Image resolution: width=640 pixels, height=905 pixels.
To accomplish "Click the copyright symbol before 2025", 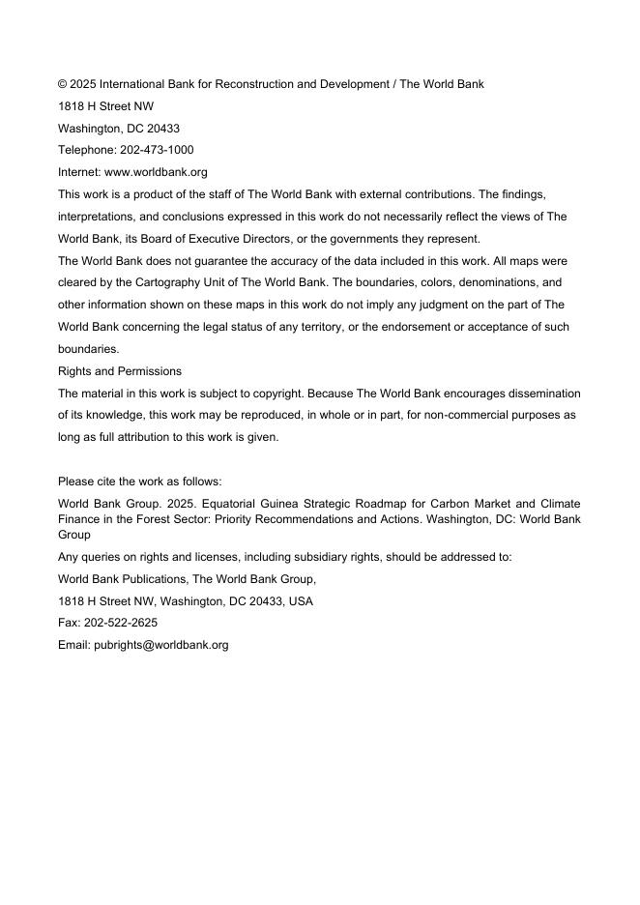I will click(x=63, y=84).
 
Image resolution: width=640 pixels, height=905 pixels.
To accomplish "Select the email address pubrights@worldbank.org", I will click(x=160, y=645).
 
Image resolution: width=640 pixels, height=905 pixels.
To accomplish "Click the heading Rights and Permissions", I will click(x=120, y=371).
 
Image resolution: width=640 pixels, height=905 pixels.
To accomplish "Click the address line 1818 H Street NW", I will click(x=105, y=106).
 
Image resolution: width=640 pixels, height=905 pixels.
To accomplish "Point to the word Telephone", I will click(x=86, y=150).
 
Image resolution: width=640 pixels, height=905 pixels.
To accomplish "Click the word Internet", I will click(x=78, y=172).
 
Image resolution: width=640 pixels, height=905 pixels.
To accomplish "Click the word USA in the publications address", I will click(x=301, y=601).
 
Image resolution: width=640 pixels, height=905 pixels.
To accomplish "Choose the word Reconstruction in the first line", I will click(x=248, y=84).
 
